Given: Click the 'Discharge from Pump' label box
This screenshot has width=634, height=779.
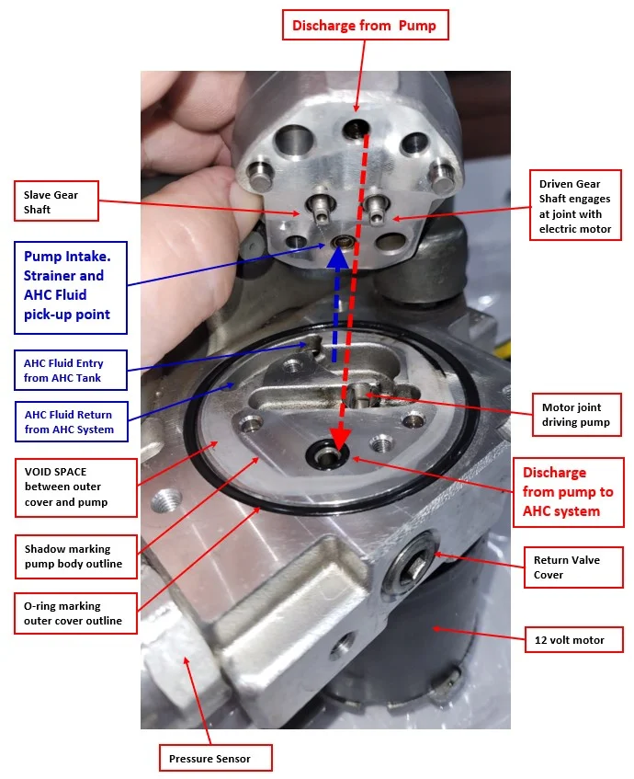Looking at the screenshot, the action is click(x=366, y=25).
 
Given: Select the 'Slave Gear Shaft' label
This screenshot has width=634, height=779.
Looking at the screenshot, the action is click(x=56, y=201).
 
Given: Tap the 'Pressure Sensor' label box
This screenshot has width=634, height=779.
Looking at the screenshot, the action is click(x=216, y=758).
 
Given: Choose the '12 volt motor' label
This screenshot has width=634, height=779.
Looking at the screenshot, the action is click(x=573, y=640).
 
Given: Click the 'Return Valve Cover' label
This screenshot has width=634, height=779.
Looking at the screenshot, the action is click(x=573, y=567).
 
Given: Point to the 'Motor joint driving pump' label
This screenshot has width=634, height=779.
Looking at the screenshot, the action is click(x=577, y=415).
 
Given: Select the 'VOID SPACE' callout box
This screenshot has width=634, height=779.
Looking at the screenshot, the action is click(x=76, y=487).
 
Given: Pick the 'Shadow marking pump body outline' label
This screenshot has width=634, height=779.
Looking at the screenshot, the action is click(x=76, y=556).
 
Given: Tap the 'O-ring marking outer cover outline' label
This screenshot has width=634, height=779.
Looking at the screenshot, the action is click(x=75, y=613).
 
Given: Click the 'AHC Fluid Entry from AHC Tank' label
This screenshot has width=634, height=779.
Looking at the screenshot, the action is click(x=71, y=370).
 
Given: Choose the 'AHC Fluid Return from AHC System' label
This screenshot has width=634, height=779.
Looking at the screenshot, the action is click(x=72, y=422).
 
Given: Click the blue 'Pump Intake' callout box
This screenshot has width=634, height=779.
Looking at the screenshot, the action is click(x=71, y=288).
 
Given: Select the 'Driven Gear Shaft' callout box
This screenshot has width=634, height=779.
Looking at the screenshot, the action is click(x=575, y=205).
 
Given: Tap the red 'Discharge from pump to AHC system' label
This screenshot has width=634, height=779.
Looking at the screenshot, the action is click(x=568, y=492).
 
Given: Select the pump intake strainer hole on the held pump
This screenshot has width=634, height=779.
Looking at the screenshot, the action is click(x=342, y=242).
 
